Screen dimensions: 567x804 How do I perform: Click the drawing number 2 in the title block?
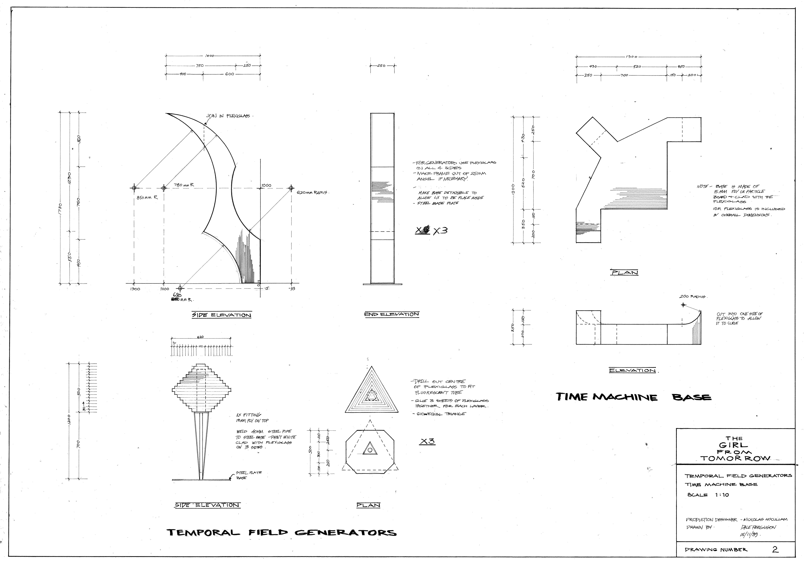(775, 549)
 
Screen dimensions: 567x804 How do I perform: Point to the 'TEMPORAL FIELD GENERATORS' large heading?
(282, 533)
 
